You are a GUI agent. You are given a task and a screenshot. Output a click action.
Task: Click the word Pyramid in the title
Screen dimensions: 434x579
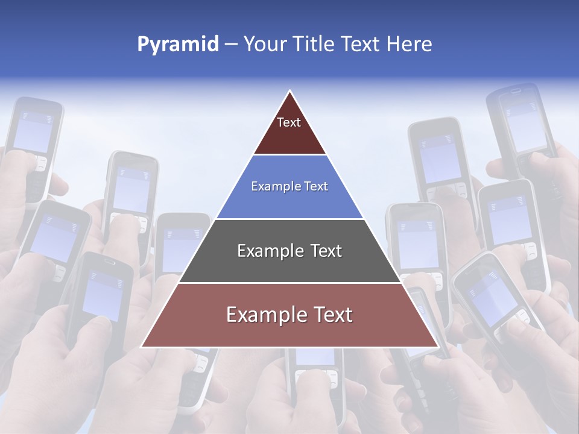[178, 45]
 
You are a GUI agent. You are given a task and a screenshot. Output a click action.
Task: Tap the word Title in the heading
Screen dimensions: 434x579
[314, 45]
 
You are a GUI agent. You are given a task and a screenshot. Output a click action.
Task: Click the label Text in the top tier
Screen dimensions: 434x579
[289, 122]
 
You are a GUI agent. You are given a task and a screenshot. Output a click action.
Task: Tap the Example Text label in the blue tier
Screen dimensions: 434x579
[289, 186]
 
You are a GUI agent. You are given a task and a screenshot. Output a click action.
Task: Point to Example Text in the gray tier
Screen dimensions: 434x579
[289, 251]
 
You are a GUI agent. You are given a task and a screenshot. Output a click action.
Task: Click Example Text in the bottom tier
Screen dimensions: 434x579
[289, 315]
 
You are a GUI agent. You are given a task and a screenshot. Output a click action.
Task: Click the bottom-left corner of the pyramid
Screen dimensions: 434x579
[142, 346]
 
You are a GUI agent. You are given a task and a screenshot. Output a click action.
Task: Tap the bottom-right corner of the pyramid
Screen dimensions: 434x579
[437, 346]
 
